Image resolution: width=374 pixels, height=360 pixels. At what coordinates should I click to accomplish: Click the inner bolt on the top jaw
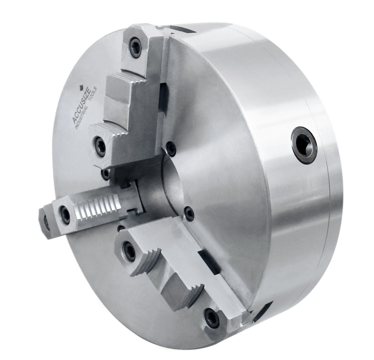coord(100,142)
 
